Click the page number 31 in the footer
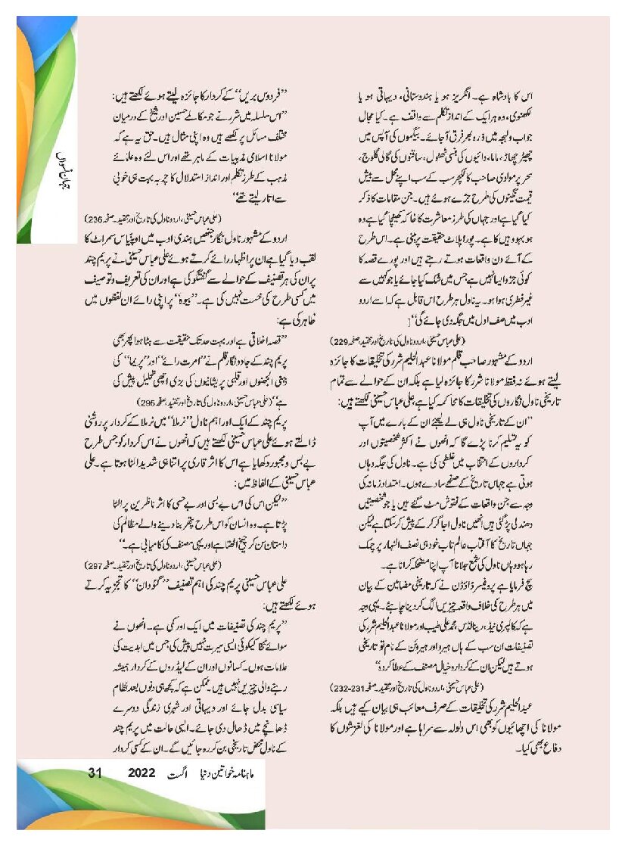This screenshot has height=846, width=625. (95, 773)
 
